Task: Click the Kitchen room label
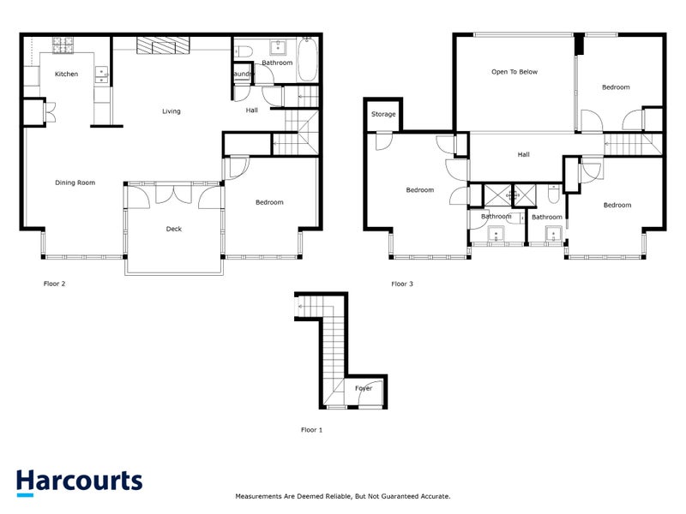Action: tap(66, 75)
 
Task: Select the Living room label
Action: tap(171, 111)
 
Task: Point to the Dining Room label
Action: tap(75, 182)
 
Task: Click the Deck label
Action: tap(173, 229)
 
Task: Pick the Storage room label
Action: tap(383, 114)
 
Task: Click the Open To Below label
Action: tap(514, 72)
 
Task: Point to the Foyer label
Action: tap(364, 388)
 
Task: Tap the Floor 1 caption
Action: tap(311, 430)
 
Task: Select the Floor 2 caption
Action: tap(54, 283)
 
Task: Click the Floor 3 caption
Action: tap(402, 284)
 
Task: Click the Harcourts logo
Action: tap(79, 481)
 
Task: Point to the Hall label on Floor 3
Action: tap(523, 155)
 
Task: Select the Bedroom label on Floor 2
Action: tap(269, 202)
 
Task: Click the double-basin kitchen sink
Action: tap(101, 74)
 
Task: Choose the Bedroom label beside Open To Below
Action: tap(615, 87)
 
